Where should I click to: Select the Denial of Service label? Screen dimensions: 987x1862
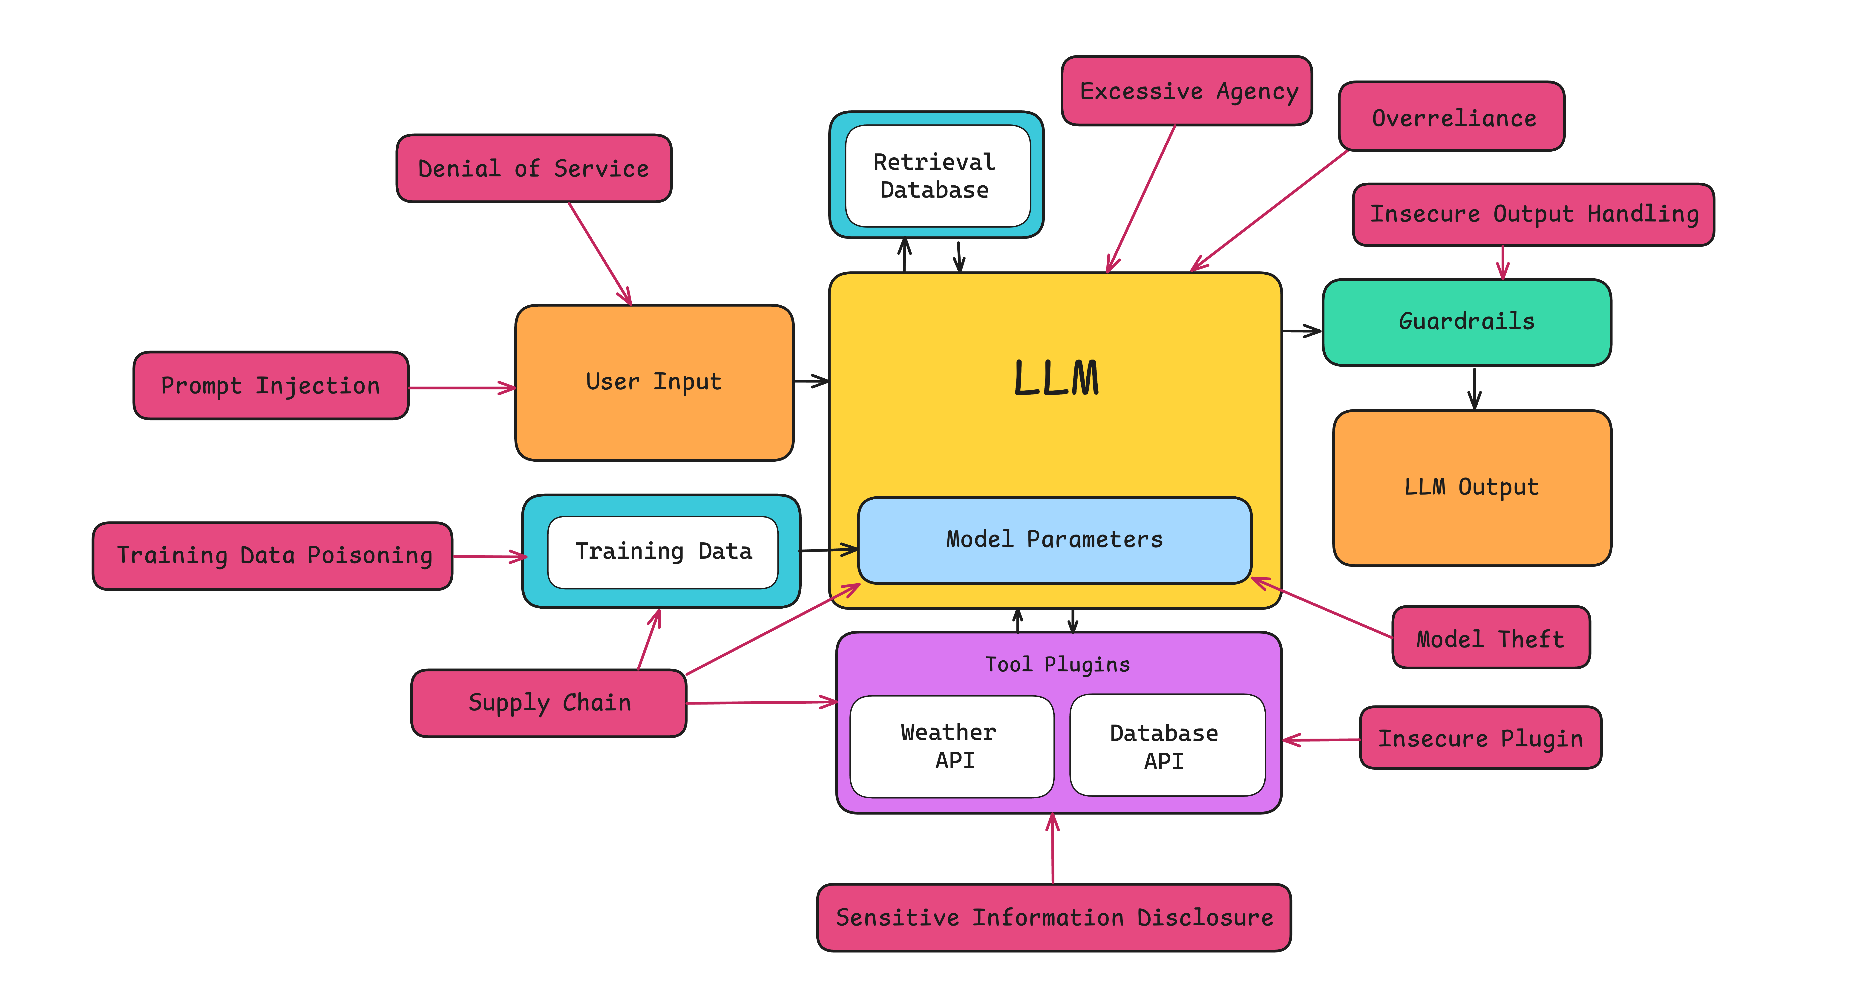[x=533, y=168]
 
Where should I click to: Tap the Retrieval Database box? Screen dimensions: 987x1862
[x=937, y=176]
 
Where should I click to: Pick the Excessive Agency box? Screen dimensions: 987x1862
[x=1187, y=91]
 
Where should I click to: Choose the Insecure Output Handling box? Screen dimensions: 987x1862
[x=1533, y=214]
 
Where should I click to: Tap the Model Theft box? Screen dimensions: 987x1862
[x=1491, y=639]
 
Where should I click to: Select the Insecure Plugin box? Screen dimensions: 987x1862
[x=1480, y=738]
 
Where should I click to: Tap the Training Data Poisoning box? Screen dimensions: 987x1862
[x=273, y=555]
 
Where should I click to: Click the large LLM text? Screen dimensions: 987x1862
[x=1056, y=379]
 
